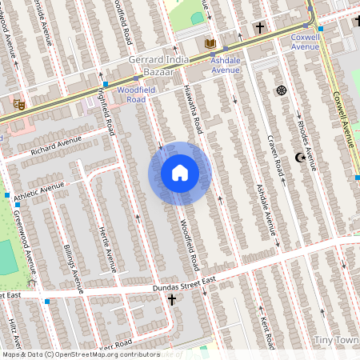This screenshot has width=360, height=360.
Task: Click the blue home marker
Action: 179,173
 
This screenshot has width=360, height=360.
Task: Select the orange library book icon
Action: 210,43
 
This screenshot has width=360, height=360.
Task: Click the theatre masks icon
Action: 18,104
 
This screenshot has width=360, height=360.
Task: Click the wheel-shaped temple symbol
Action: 281,90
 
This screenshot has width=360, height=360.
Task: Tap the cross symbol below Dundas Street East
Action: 171,300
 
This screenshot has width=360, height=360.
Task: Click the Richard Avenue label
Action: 56,146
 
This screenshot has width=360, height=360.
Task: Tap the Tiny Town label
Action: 336,341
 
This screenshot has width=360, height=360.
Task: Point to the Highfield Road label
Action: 104,110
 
